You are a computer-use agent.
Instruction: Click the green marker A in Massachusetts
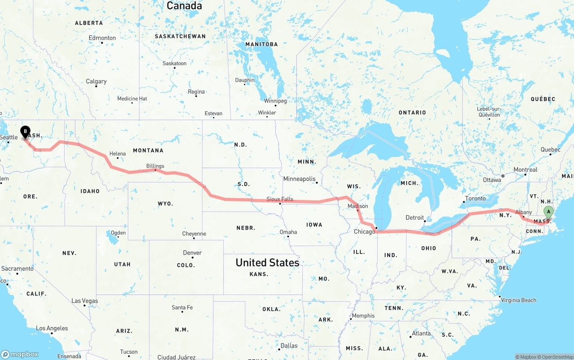[548, 212]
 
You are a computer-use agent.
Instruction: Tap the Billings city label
[155, 166]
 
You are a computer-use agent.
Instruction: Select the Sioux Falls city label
[280, 199]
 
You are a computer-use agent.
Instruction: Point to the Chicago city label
[364, 232]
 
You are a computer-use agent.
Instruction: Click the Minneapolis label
[299, 179]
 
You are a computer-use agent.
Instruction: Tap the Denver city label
[192, 253]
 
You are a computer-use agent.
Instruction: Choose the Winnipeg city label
[275, 101]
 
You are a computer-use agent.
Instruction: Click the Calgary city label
[96, 81]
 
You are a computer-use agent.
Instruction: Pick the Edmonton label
[102, 38]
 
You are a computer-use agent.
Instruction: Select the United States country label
[267, 263]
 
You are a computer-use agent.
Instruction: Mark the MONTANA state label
[148, 150]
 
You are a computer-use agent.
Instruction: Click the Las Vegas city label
[85, 301]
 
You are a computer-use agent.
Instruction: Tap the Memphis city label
[363, 316]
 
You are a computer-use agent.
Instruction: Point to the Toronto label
[475, 198]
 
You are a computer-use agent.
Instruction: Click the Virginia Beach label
[519, 300]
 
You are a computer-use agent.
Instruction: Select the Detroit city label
[415, 218]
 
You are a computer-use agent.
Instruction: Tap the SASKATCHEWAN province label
[180, 36]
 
